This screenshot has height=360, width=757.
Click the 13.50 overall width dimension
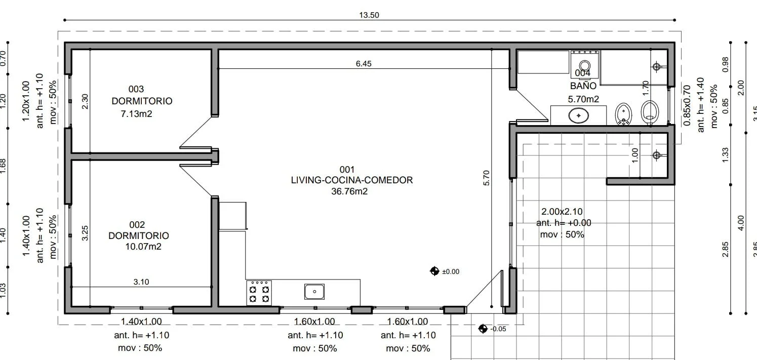pos(369,15)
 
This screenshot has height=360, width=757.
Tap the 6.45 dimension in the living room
pos(364,64)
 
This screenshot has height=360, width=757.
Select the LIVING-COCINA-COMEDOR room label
pos(352,180)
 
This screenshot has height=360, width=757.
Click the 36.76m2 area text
pos(349,191)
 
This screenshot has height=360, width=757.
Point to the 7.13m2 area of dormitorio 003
pos(137,114)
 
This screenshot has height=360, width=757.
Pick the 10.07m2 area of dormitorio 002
pos(143,247)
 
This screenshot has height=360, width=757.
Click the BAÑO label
pos(583,86)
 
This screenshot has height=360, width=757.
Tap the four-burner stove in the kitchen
pos(259,293)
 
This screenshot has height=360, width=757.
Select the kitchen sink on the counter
pos(314,291)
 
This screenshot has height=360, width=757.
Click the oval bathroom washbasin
pos(579,115)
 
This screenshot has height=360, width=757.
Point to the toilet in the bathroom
pos(650,112)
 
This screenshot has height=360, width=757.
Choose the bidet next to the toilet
pos(623,114)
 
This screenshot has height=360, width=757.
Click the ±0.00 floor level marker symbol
pos(434,271)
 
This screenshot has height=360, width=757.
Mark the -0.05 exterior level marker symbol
pos(483,329)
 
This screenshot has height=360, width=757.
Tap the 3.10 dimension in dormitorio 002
pos(141,282)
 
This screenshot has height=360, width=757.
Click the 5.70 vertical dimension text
pos(486,178)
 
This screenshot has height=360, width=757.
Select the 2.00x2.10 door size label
pos(562,212)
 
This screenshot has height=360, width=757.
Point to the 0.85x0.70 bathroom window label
pos(687,105)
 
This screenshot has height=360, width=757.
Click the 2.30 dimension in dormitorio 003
pos(85,101)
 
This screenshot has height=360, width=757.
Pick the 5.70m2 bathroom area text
pos(583,99)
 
